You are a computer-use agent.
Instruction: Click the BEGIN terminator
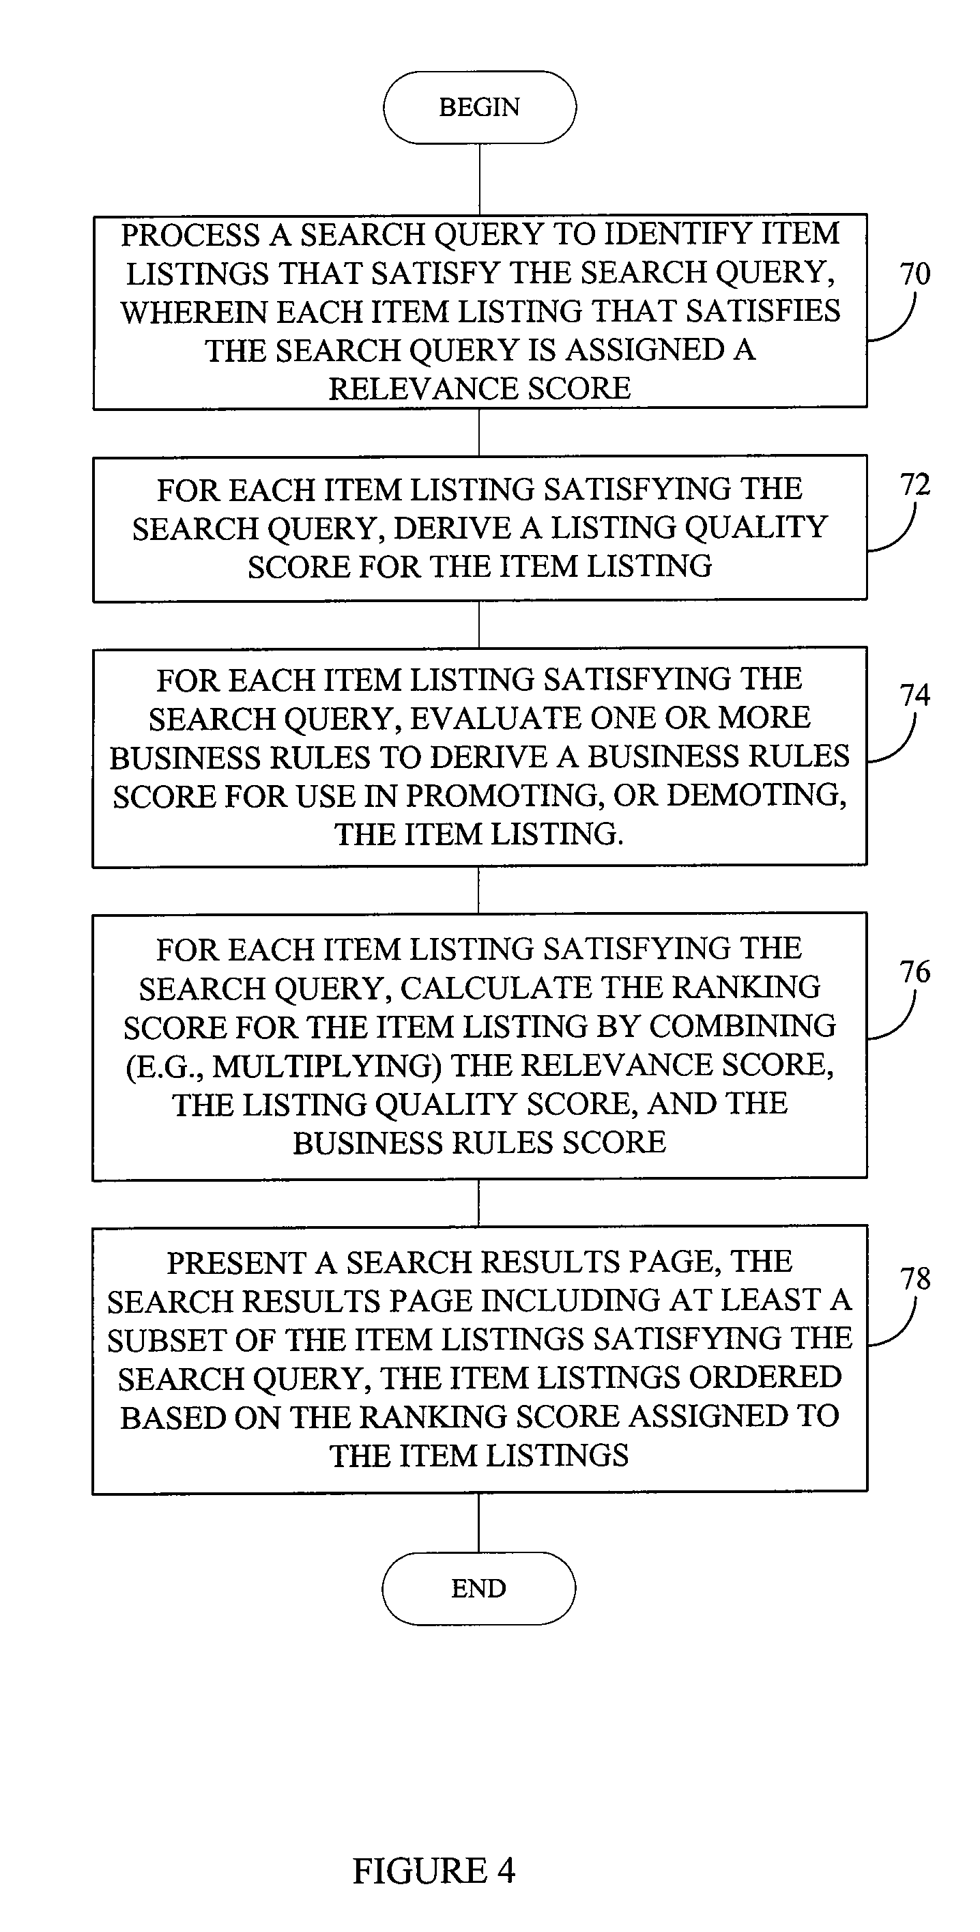(480, 107)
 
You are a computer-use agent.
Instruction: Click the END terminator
(479, 1588)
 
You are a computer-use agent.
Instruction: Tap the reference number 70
(914, 274)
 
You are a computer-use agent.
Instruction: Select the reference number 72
(914, 485)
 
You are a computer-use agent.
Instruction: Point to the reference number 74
(914, 694)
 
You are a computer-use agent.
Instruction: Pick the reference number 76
(914, 972)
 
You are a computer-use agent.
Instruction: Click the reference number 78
(914, 1279)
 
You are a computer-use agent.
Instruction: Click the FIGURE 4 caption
(434, 1871)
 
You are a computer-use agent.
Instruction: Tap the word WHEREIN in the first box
(193, 312)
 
